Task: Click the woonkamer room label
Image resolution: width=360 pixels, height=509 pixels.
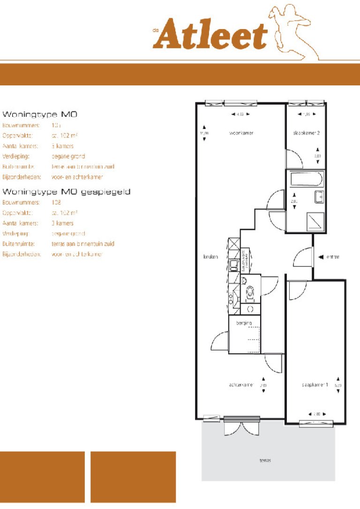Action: click(x=241, y=133)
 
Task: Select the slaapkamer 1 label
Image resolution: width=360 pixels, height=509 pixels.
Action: click(x=314, y=385)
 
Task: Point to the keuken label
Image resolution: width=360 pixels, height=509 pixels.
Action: click(x=210, y=257)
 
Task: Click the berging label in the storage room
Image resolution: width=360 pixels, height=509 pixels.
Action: click(x=244, y=323)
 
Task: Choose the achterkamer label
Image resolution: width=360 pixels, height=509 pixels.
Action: click(x=241, y=385)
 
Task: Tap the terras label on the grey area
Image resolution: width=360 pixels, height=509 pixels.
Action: click(x=265, y=460)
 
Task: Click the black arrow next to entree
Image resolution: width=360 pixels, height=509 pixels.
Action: click(x=321, y=257)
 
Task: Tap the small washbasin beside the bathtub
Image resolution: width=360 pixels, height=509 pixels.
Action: click(x=319, y=197)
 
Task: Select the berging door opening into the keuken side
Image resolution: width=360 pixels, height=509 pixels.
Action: click(x=220, y=342)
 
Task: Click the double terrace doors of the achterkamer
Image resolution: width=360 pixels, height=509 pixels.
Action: click(x=241, y=425)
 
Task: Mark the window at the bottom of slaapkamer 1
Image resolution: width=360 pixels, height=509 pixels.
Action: click(x=316, y=424)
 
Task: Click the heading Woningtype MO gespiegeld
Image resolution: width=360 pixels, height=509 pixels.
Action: click(x=66, y=192)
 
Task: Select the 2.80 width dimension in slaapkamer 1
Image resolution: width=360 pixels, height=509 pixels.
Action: click(x=316, y=414)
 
